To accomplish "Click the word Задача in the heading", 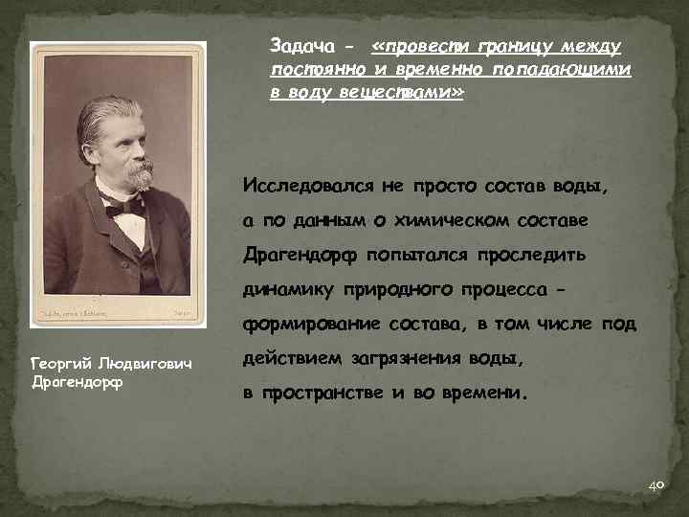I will [299, 47].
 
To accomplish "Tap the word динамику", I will [285, 290].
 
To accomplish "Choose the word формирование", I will [304, 325].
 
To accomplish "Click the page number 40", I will [656, 486].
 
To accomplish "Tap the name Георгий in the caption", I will [63, 365].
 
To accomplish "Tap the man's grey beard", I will [139, 175].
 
